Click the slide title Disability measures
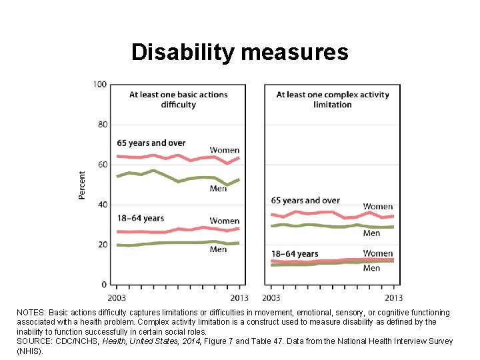coord(240,53)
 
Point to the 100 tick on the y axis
coord(100,84)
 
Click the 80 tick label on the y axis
coord(103,125)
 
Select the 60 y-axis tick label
coord(103,165)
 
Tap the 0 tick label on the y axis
coord(104,285)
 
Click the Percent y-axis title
coord(81,185)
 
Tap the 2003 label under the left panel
coord(117,297)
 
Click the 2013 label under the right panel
coord(394,297)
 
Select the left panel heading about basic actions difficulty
coord(179,99)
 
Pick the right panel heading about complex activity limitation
coord(333,99)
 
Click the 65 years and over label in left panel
coord(151,143)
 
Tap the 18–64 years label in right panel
coord(295,254)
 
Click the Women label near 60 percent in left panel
coord(225,150)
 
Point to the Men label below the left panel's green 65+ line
coord(218,189)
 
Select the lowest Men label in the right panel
coord(371,268)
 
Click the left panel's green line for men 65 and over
coord(178,181)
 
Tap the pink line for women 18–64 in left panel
coord(178,230)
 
